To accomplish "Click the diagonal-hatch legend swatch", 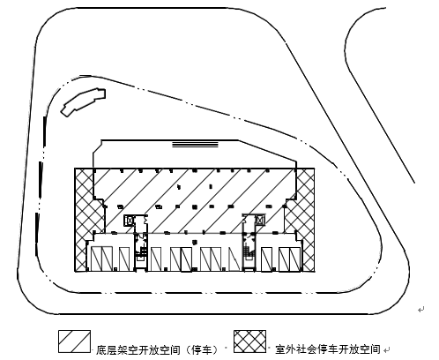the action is click(74, 341).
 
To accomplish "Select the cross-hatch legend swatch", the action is click(249, 341).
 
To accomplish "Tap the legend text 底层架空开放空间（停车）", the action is click(158, 349).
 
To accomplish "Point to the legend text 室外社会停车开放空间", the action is click(328, 349).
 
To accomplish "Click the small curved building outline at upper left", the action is click(83, 102).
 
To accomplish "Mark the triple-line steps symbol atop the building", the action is click(195, 144).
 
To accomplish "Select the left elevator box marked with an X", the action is click(130, 221).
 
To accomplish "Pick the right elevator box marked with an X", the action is click(260, 220).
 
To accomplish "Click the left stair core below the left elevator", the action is click(141, 250).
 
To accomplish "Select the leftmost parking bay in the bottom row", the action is click(96, 259).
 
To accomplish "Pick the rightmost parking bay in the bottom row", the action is click(294, 259).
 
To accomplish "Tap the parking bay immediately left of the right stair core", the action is click(235, 259).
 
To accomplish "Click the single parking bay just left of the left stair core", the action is click(124, 259).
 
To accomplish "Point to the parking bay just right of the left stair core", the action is click(156, 259).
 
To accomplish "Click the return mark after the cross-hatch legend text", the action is click(387, 350).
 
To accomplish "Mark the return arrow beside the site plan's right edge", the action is click(421, 310).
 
